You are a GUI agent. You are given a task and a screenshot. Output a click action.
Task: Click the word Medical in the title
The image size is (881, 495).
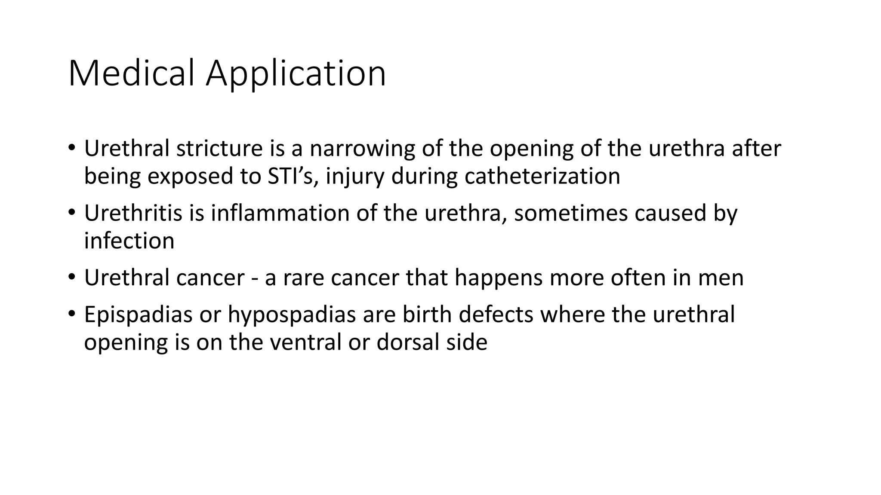click(131, 74)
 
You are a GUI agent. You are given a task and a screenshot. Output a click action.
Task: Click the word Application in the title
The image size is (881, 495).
click(296, 74)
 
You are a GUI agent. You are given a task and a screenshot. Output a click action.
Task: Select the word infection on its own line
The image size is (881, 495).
click(129, 241)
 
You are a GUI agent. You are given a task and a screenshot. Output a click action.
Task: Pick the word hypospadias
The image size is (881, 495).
click(291, 315)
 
